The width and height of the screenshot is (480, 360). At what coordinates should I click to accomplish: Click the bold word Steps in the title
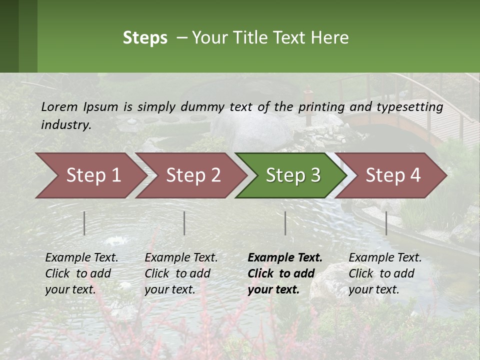pos(145,38)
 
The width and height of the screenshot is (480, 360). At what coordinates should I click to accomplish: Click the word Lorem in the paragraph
pos(59,106)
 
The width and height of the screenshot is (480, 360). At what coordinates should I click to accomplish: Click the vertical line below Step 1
pos(84,223)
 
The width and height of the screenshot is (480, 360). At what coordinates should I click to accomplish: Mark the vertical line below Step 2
pos(184,223)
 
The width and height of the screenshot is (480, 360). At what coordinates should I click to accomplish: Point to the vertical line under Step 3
pos(285,223)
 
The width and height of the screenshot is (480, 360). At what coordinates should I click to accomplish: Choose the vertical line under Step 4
pos(386,223)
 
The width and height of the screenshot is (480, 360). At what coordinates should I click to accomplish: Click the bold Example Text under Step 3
pos(285,257)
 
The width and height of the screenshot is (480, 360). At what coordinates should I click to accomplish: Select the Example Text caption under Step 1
pos(81,257)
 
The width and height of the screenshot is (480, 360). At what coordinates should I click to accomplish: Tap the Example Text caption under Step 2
pos(181,257)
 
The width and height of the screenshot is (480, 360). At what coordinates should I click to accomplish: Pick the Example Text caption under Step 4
pos(385,257)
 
